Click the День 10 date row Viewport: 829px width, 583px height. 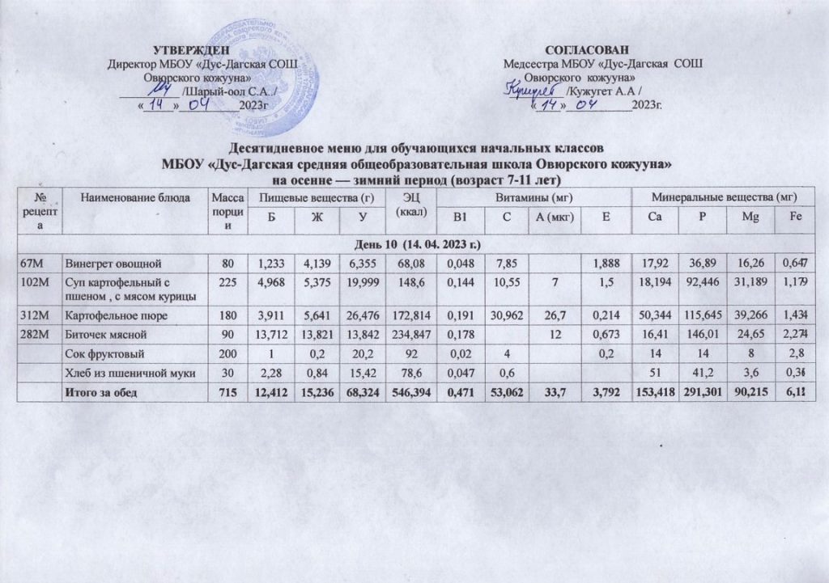click(x=413, y=243)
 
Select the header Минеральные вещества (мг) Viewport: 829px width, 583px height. click(x=725, y=196)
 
